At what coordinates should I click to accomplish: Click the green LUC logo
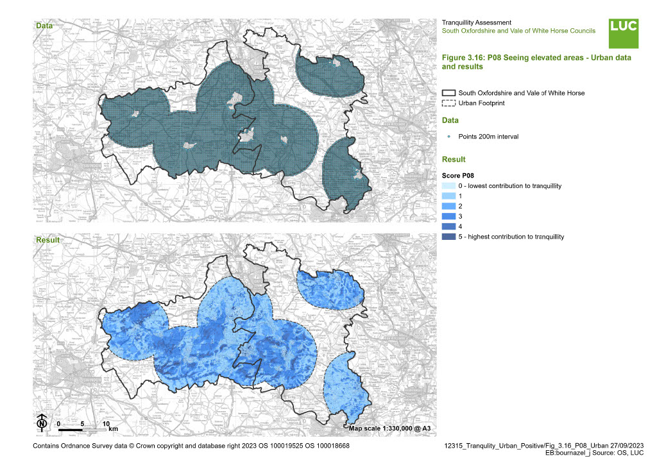[x=623, y=33]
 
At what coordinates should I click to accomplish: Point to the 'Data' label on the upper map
[x=44, y=26]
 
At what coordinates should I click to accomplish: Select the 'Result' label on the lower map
[x=47, y=239]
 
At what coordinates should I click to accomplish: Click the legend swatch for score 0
[x=448, y=186]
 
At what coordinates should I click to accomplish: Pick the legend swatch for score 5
[x=448, y=237]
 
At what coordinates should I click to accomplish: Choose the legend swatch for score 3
[x=448, y=217]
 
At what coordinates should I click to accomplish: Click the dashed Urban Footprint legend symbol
[x=448, y=103]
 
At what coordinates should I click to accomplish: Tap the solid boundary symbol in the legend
[x=448, y=93]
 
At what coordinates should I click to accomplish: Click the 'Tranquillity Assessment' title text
[x=477, y=22]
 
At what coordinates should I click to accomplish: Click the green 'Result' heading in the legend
[x=454, y=159]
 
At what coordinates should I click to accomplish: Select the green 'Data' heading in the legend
[x=450, y=120]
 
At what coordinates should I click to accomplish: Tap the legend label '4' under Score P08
[x=460, y=227]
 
